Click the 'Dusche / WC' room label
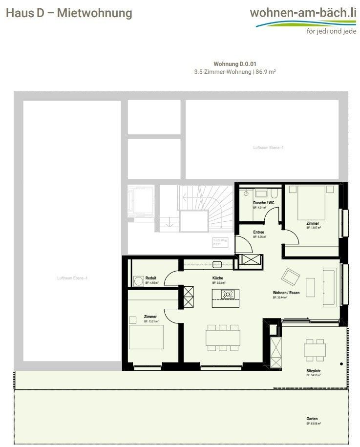tap(259, 203)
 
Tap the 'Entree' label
tap(259, 232)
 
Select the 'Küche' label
tap(217, 277)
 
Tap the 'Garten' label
tap(313, 419)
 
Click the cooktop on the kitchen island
tap(228, 294)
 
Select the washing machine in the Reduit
tap(138, 281)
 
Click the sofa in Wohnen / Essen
tap(329, 287)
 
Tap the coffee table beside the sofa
tap(310, 285)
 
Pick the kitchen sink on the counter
tap(217, 264)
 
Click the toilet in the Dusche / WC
tap(246, 193)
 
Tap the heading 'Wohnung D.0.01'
tap(235, 64)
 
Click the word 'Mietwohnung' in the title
tap(94, 13)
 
